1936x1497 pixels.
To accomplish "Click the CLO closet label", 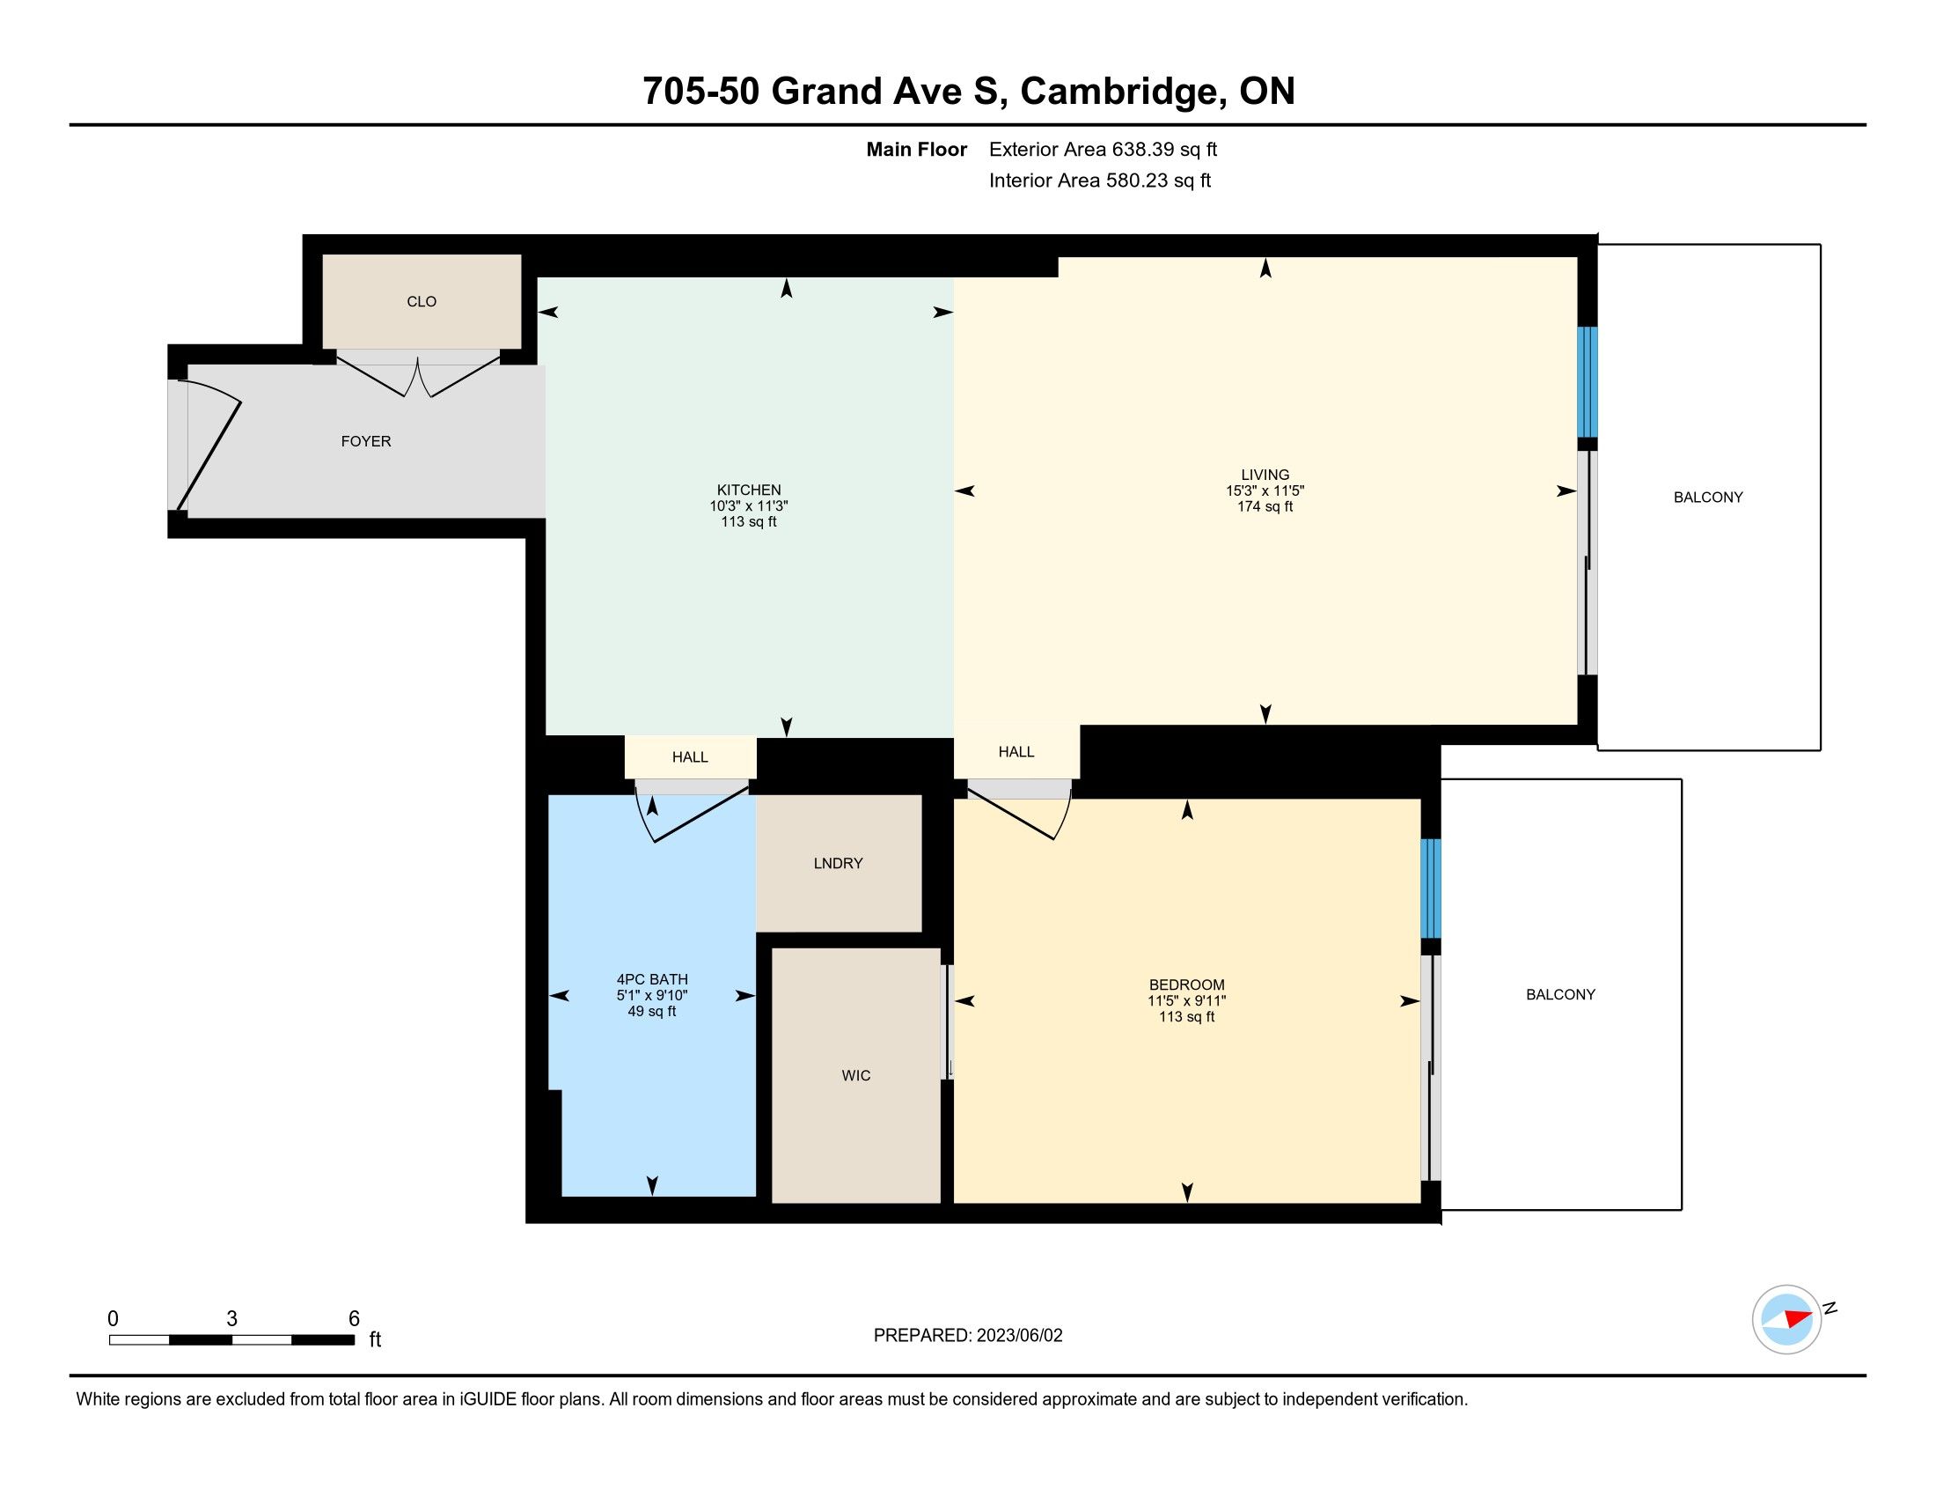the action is point(421,301).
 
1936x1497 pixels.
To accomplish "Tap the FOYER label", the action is point(366,441).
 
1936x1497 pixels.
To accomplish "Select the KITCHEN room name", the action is point(749,490).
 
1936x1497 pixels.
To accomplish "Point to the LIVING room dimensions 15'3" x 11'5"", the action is point(1265,490).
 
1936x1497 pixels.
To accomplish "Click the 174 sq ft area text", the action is point(1265,506).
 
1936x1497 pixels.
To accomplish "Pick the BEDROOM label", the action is point(1187,984).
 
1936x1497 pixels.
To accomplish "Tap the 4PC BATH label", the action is point(652,979).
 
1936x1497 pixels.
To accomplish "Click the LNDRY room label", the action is point(838,863).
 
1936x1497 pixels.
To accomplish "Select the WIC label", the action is point(856,1076).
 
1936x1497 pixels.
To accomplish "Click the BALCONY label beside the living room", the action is point(1708,498).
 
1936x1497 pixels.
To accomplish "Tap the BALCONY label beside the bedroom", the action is point(1560,995).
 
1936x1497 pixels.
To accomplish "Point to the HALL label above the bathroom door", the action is point(690,756).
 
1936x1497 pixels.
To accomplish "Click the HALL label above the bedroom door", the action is point(1016,751).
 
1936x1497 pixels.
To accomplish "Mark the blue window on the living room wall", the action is point(1587,382).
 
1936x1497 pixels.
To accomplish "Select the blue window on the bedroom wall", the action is point(1431,889).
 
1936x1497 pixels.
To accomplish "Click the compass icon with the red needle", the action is point(1787,1320).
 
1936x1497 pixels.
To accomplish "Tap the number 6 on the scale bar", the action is point(354,1319).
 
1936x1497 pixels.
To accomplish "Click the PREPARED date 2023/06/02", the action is point(1019,1336).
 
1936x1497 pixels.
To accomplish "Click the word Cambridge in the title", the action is point(1123,92).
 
